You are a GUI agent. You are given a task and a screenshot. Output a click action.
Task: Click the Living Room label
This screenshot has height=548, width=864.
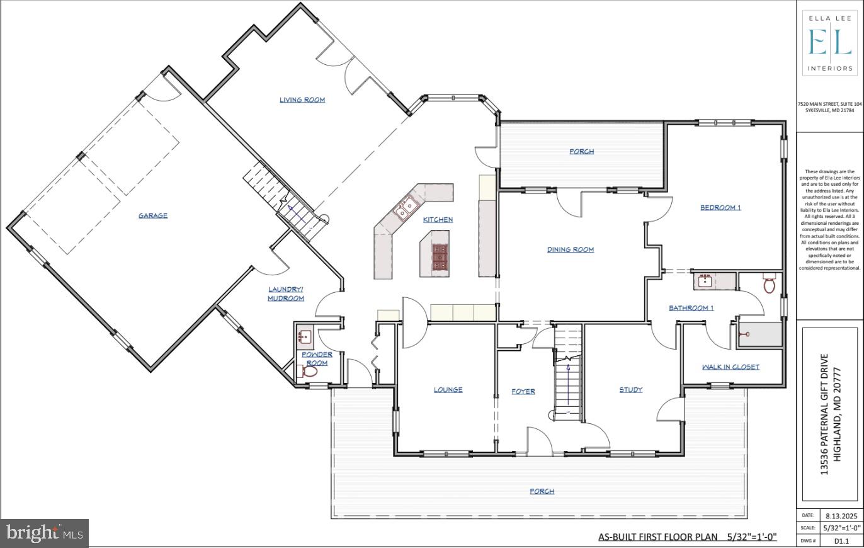tap(302, 100)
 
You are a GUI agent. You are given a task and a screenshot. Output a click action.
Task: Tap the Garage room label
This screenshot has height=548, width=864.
tap(153, 215)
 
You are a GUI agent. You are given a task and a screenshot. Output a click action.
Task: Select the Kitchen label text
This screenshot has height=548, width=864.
tap(438, 219)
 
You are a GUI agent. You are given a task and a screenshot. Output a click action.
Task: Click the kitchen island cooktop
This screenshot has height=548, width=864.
tap(440, 258)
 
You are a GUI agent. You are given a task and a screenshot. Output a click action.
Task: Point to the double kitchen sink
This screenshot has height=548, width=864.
tap(405, 206)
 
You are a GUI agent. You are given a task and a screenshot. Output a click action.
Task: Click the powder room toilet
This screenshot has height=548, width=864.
tap(309, 372)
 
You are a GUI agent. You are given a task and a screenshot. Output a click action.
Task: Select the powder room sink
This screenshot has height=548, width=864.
tap(304, 337)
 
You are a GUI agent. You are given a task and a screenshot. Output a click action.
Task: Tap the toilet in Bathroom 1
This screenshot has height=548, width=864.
tap(769, 284)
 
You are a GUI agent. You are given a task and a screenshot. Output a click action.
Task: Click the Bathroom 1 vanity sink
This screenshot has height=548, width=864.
tap(705, 280)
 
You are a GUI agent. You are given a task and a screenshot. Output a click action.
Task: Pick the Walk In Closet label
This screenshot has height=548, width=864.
tap(730, 367)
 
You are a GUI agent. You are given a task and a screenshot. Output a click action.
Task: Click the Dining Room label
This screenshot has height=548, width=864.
tap(571, 249)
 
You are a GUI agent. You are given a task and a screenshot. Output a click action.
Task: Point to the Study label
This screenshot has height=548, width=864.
tap(630, 390)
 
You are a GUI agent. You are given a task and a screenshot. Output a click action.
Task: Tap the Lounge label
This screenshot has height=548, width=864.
tap(448, 390)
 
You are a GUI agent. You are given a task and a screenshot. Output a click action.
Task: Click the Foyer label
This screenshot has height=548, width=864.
tap(523, 391)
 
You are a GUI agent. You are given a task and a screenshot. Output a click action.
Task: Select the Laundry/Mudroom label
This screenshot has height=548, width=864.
tap(286, 294)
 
